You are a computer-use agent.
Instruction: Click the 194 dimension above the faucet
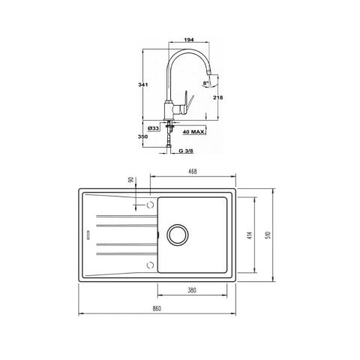point(189,40)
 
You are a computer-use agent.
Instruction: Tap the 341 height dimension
point(143,85)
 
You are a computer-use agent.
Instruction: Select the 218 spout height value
point(217,97)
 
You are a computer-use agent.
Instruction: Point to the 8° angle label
point(205,83)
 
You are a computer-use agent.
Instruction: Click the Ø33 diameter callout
point(153,128)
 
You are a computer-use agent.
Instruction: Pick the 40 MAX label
point(193,132)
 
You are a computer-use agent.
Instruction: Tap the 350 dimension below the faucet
point(142,136)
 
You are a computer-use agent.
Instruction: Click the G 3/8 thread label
point(186,151)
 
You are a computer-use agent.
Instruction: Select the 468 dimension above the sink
point(193,172)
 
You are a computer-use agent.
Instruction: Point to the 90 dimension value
point(130,180)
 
